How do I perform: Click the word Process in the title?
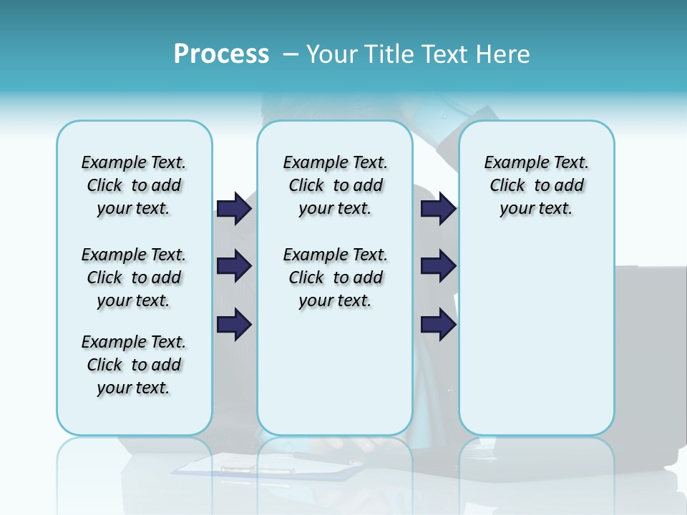221,54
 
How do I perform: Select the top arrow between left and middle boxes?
233,209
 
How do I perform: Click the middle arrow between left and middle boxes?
233,266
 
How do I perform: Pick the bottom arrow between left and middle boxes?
233,325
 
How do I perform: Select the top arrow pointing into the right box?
438,209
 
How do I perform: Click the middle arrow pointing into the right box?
438,266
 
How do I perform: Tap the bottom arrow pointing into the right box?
438,325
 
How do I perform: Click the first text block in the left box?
134,185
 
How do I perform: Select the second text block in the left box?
134,278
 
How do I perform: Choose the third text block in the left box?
134,365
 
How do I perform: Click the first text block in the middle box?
335,185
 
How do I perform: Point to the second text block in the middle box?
335,278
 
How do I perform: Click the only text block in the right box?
536,185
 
